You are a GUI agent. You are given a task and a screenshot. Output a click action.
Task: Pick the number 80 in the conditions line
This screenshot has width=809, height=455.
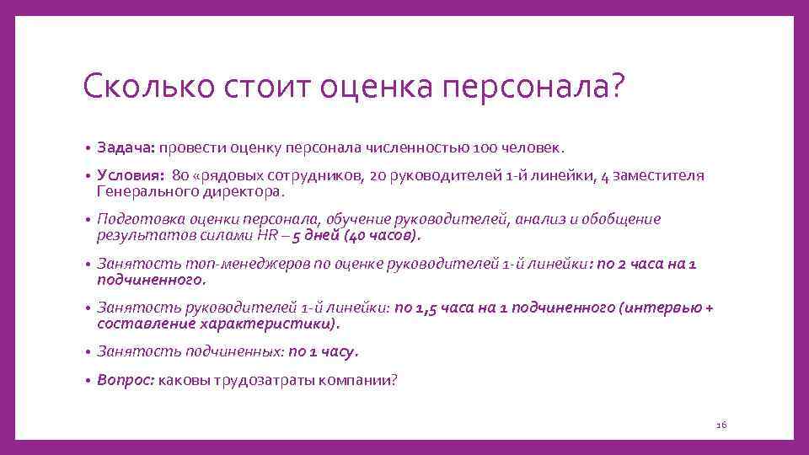(179, 176)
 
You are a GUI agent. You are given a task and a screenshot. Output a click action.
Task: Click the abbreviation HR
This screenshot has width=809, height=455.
(261, 234)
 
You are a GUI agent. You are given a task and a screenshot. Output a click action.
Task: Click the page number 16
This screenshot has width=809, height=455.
(721, 425)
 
